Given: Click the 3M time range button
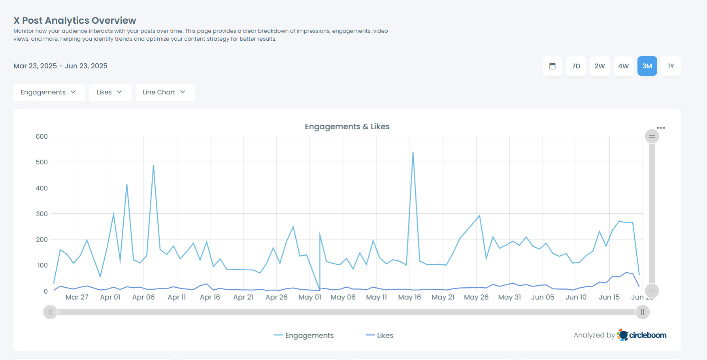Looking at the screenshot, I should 647,66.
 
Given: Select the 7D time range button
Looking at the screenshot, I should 576,66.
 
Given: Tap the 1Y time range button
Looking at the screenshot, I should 671,66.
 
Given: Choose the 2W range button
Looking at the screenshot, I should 600,66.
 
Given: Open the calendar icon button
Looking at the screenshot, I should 552,66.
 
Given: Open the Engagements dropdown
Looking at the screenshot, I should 49,92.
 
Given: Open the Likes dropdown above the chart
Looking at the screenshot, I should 110,92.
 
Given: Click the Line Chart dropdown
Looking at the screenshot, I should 165,92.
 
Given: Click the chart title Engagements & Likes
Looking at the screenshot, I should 347,126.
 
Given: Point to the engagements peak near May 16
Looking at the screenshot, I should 413,152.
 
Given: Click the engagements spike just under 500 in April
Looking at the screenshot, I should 153,166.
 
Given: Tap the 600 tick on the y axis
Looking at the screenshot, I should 41,136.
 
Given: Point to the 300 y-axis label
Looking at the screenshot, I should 41,214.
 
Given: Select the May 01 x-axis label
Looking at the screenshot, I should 310,297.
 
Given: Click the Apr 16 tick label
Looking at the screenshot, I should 210,297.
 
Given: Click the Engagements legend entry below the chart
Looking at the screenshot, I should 304,335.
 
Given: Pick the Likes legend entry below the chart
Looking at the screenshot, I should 380,335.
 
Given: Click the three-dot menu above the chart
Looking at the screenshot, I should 661,128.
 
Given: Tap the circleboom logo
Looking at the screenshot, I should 642,335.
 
